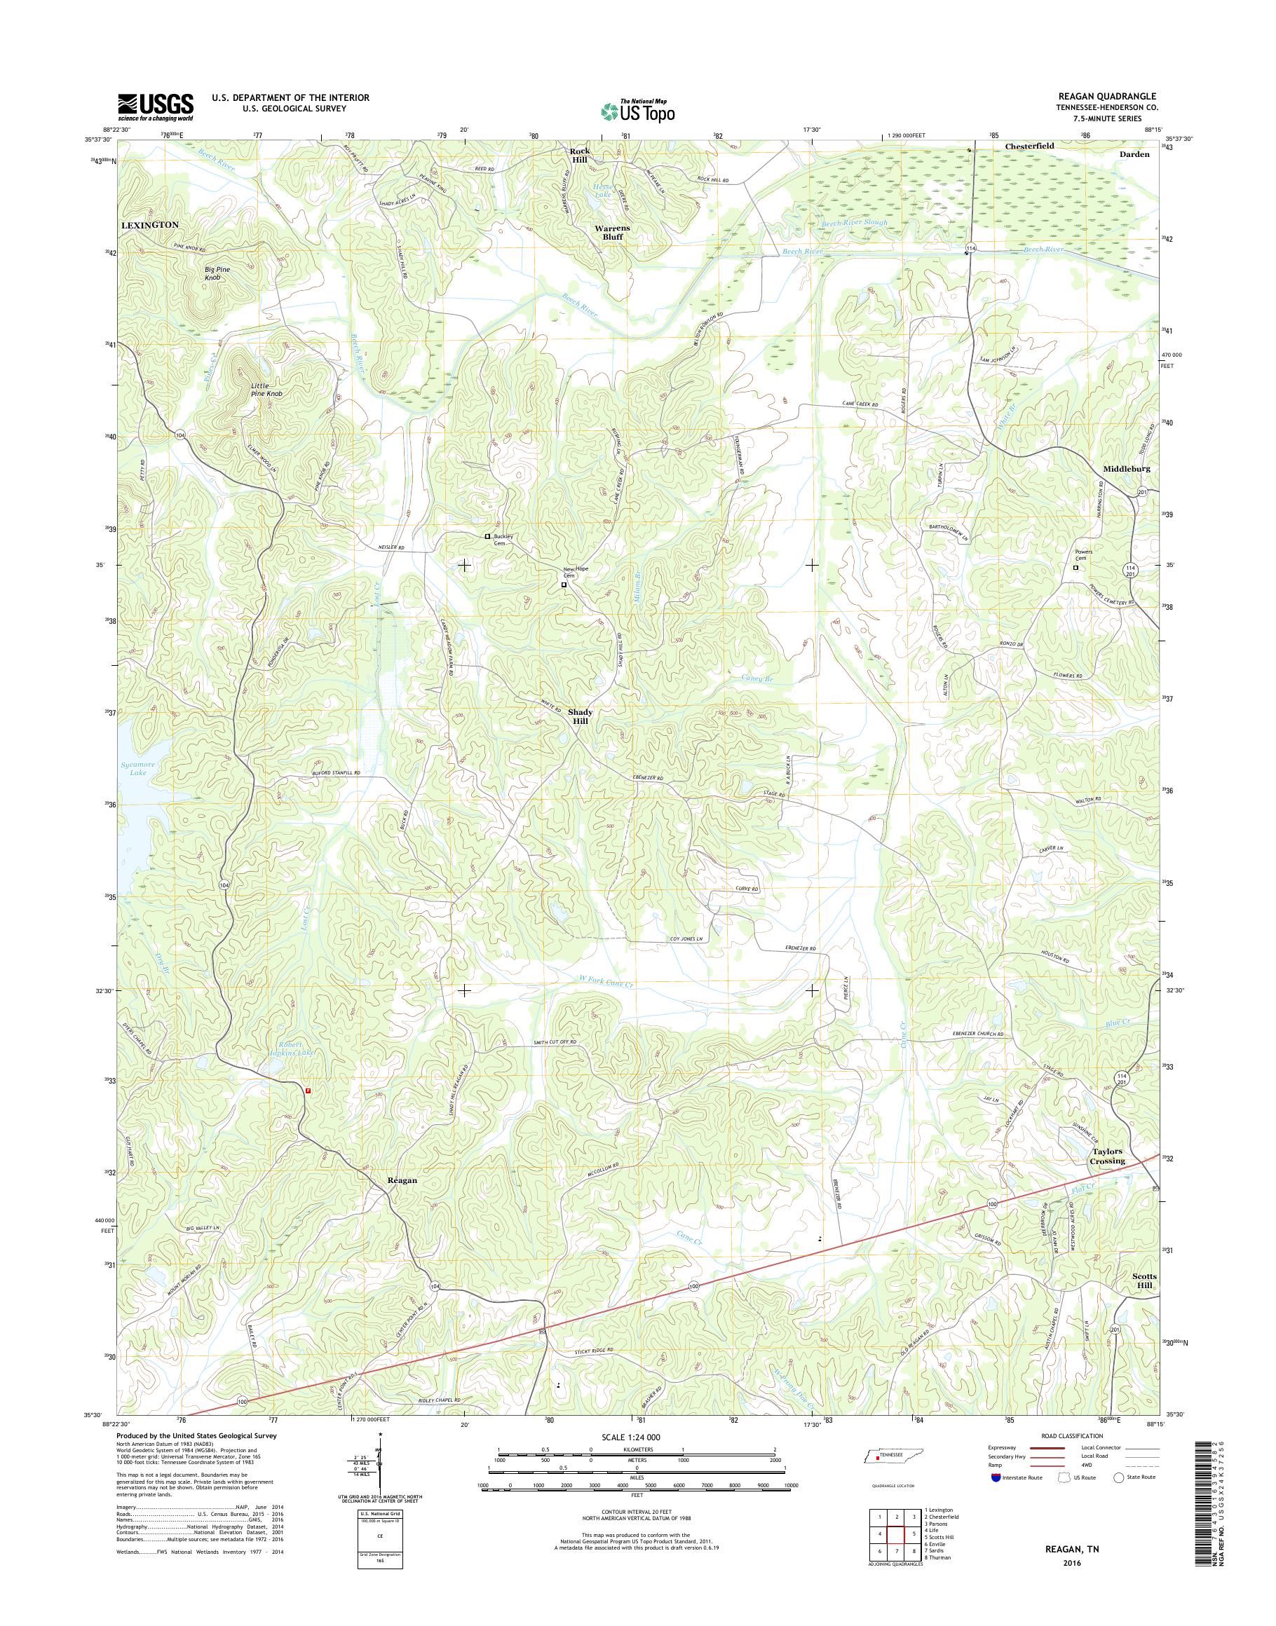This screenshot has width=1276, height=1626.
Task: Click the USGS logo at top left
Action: click(156, 107)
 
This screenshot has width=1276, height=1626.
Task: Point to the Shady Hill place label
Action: click(580, 717)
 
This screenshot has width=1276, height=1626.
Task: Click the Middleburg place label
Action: click(1127, 468)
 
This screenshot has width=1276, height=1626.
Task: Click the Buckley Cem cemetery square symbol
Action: click(487, 536)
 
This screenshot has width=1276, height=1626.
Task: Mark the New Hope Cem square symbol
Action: click(564, 585)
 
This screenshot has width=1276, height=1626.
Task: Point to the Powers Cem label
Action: click(1083, 556)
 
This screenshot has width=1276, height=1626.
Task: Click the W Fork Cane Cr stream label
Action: click(606, 985)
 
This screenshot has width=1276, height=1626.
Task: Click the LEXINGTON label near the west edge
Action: click(150, 224)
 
